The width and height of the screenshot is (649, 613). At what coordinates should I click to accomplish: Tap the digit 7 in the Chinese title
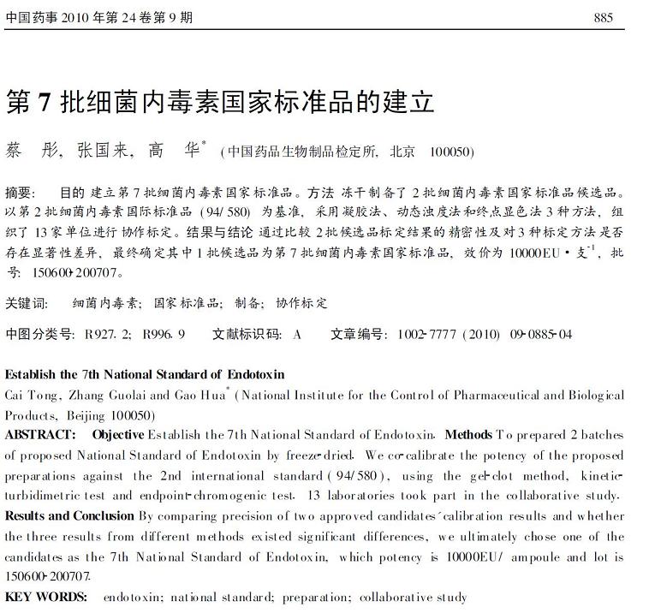(x=45, y=102)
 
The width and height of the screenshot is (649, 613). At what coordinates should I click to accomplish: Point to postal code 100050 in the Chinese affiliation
(x=451, y=152)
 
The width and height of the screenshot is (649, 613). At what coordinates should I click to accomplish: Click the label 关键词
(x=27, y=303)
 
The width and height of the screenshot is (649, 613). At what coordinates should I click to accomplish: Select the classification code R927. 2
(x=108, y=334)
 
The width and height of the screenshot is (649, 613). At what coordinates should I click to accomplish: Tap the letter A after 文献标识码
(x=297, y=334)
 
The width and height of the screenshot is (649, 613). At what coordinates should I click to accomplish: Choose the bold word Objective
(x=118, y=434)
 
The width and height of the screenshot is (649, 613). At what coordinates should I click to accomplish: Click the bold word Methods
(x=469, y=434)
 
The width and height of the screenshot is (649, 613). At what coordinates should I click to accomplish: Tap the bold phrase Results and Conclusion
(x=69, y=515)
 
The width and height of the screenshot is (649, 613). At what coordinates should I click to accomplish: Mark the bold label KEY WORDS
(x=46, y=597)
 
